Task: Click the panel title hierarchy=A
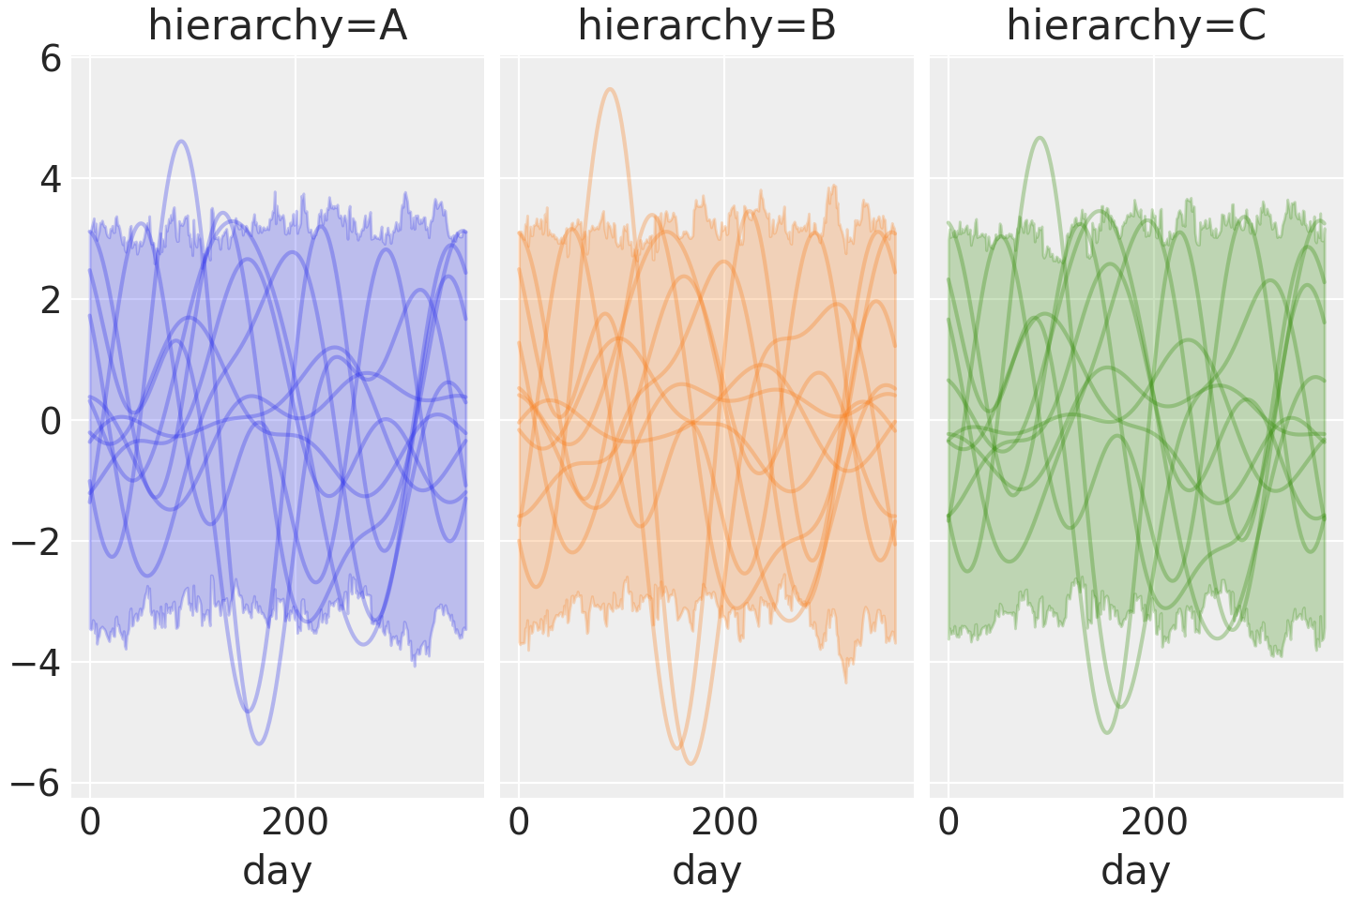click(x=278, y=26)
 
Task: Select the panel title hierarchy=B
click(x=706, y=26)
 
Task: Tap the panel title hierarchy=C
click(x=1136, y=26)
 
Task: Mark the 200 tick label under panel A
click(x=295, y=823)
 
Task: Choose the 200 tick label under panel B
click(x=723, y=823)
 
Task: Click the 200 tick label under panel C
click(x=1153, y=823)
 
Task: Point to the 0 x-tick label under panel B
click(x=519, y=823)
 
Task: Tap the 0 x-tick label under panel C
click(x=949, y=823)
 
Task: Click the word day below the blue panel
click(x=278, y=871)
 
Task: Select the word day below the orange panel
click(x=706, y=871)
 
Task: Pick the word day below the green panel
click(x=1136, y=871)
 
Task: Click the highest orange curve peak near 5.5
click(x=611, y=89)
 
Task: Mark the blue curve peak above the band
click(x=181, y=142)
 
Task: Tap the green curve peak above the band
click(x=1039, y=138)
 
